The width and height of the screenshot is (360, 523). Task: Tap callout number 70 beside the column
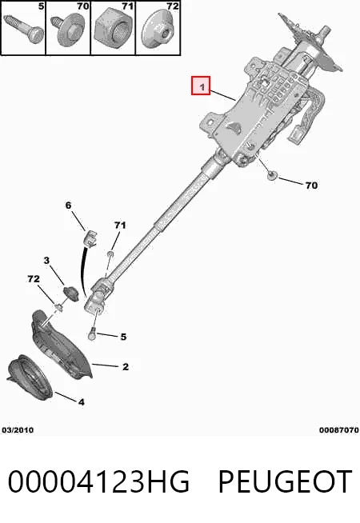[311, 185]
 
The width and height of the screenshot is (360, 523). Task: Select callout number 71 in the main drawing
[120, 226]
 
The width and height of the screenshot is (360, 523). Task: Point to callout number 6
[68, 206]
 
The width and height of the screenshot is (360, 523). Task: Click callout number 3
[46, 260]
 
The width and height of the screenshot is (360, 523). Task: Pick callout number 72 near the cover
[34, 278]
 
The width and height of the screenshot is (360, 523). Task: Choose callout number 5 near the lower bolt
[123, 337]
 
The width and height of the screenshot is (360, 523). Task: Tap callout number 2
[126, 367]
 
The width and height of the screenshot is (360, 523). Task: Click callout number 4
[82, 402]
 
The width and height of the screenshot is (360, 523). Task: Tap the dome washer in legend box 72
[158, 30]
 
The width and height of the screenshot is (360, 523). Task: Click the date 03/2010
[18, 430]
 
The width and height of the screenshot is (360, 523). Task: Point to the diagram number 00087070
[338, 430]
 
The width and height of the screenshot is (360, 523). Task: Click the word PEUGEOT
[286, 481]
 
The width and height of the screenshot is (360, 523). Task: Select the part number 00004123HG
[98, 481]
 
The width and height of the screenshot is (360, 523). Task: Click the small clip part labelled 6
[90, 238]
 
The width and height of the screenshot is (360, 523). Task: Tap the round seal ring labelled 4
[30, 377]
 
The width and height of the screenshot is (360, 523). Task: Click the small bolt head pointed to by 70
[273, 175]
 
